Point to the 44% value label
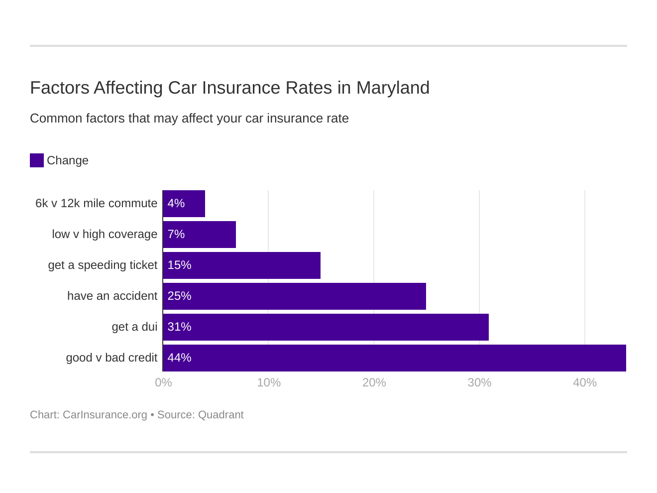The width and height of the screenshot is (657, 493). tap(179, 358)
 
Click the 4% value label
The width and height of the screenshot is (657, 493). tap(176, 204)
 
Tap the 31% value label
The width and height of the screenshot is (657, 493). tap(179, 327)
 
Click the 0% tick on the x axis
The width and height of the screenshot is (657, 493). tap(163, 382)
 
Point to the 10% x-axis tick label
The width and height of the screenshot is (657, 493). tap(269, 382)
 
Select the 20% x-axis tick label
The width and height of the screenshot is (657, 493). tap(374, 382)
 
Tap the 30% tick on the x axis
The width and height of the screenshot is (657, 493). tap(479, 382)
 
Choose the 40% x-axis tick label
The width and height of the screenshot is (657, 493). tap(585, 382)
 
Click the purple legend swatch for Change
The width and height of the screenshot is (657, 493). tap(37, 160)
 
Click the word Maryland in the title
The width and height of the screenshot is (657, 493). tap(393, 88)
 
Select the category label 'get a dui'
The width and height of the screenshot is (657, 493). tap(134, 327)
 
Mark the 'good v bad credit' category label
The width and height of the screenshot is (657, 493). tap(111, 358)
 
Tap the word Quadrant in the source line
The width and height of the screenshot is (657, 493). tap(220, 415)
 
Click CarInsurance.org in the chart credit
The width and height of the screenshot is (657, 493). tap(105, 415)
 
